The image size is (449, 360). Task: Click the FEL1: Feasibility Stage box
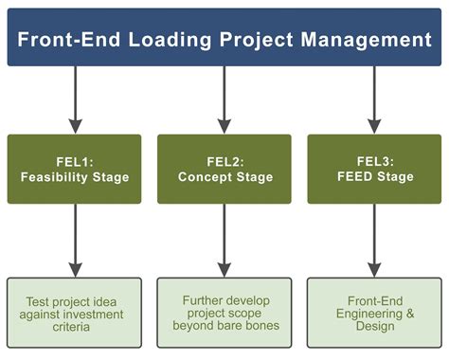point(75,169)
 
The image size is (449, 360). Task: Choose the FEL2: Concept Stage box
point(224,169)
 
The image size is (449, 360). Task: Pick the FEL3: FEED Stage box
point(373,169)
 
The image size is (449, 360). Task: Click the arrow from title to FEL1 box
point(76,99)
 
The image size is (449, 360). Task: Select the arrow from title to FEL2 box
point(224,99)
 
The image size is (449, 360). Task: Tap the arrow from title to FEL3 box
point(373,99)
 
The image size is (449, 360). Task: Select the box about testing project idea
point(75,312)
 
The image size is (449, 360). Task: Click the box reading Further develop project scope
point(224,312)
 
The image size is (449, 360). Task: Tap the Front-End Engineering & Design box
point(373,312)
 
